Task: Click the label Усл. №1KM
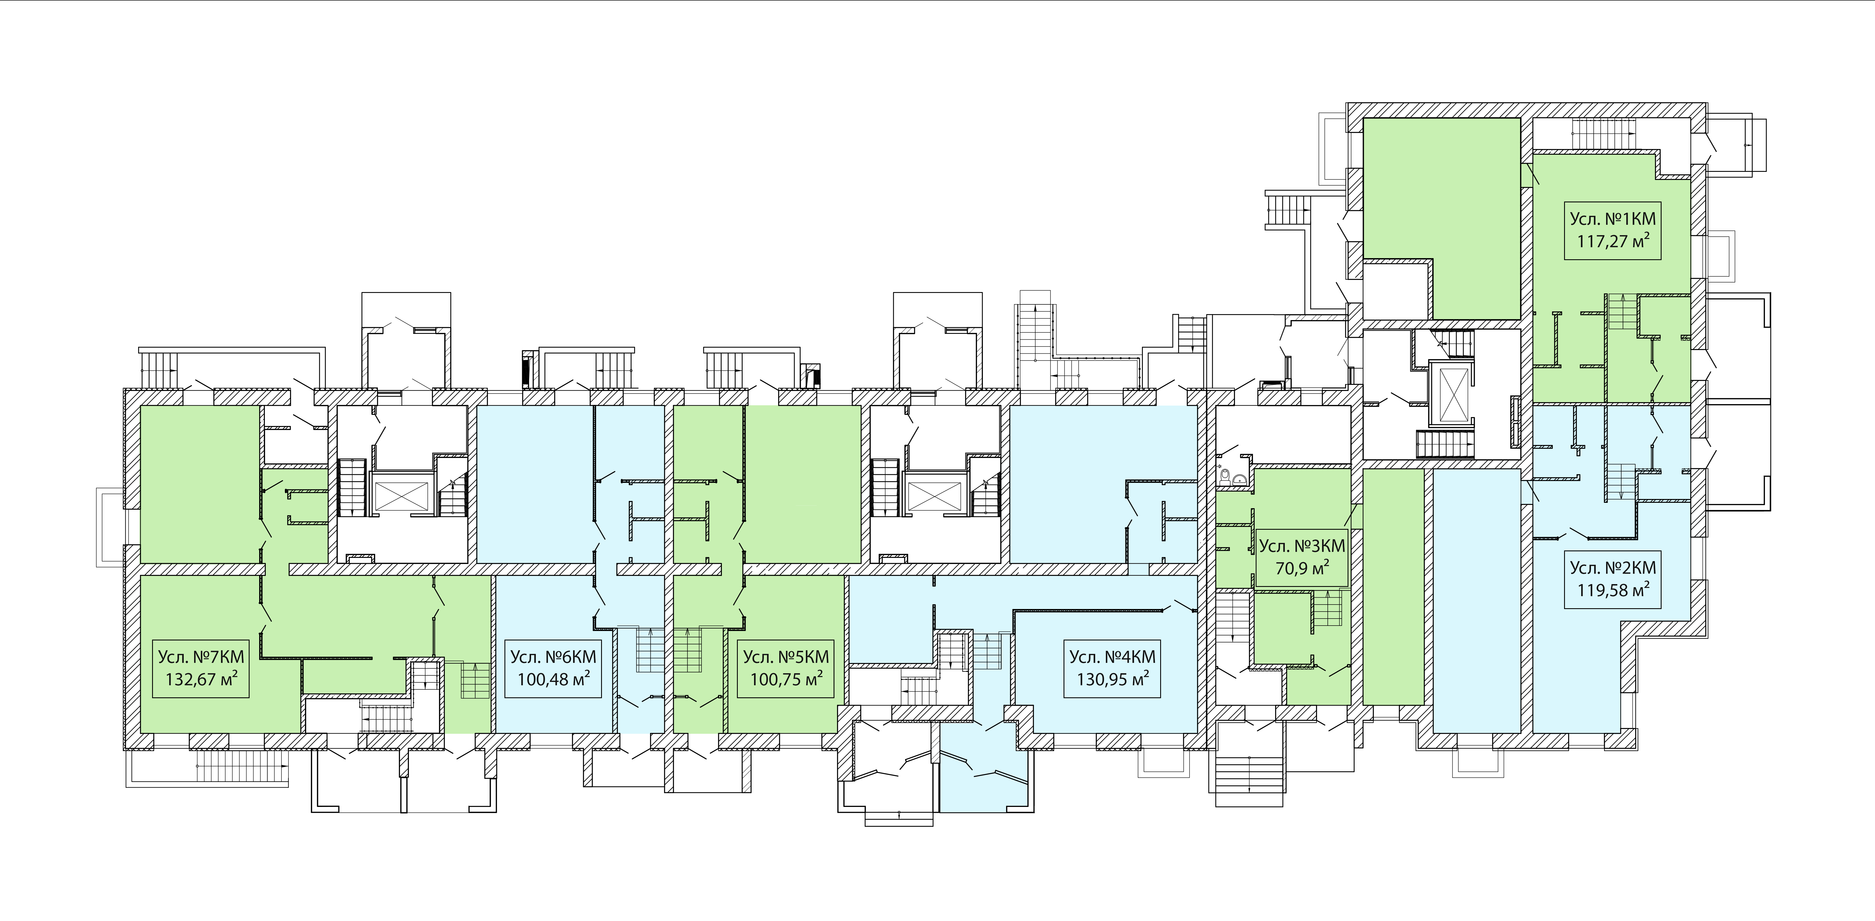pyautogui.click(x=1612, y=219)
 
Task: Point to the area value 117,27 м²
pyautogui.click(x=1612, y=241)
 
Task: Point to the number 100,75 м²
pyautogui.click(x=786, y=679)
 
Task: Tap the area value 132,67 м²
pyautogui.click(x=201, y=679)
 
